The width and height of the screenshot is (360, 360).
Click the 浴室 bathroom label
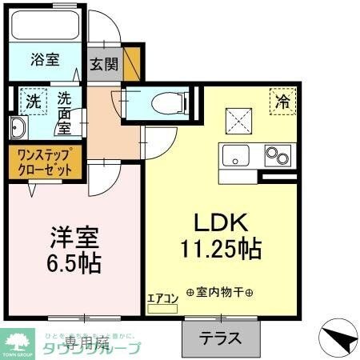(46, 60)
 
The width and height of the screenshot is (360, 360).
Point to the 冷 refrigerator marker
(282, 102)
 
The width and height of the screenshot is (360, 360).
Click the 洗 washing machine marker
(32, 102)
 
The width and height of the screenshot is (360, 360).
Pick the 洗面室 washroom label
(66, 113)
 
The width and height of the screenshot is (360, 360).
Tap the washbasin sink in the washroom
(18, 128)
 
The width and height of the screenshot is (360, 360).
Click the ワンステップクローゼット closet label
(45, 161)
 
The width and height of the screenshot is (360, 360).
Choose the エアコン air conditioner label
(162, 298)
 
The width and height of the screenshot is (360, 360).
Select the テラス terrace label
(220, 337)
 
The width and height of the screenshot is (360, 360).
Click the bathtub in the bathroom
(46, 28)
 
